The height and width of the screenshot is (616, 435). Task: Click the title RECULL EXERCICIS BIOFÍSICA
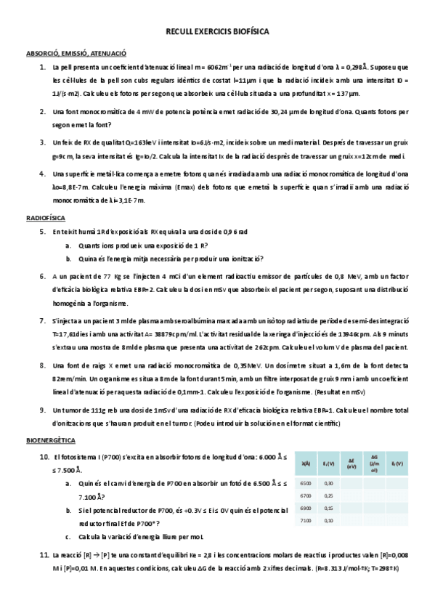(x=217, y=33)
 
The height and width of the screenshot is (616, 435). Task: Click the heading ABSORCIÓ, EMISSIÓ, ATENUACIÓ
(x=76, y=53)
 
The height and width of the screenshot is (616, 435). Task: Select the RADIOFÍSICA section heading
(x=46, y=217)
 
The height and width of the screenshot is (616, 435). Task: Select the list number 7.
(x=43, y=320)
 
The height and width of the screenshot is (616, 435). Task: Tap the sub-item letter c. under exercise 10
(x=68, y=538)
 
